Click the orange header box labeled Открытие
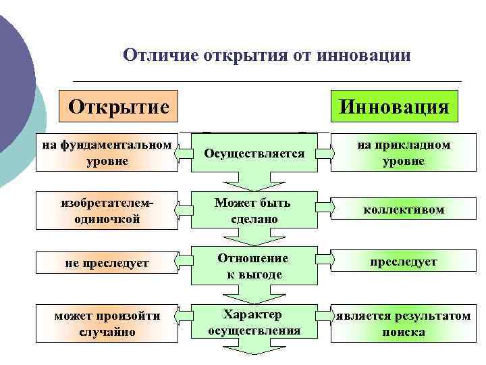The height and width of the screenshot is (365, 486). pos(119,107)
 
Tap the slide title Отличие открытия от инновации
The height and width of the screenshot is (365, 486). pos(267,55)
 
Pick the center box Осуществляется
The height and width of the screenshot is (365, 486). pos(254,153)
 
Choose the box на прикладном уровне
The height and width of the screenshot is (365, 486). pos(403,153)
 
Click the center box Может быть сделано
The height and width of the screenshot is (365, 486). pos(254,211)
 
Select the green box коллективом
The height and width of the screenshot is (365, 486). pos(403,210)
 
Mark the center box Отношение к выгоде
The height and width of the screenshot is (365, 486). pos(254,266)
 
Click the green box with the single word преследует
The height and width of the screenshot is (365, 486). pos(403,262)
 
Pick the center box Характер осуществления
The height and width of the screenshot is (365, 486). pos(254,322)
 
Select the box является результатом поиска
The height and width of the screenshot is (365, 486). pos(403,324)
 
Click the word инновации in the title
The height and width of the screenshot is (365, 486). pos(367,55)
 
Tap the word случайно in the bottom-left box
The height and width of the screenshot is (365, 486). pos(107,332)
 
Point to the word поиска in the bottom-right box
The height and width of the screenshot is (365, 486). pos(403,332)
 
